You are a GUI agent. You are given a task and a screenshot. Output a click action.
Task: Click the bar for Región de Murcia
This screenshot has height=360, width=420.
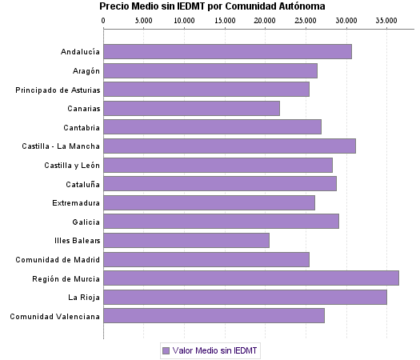[x=250, y=278]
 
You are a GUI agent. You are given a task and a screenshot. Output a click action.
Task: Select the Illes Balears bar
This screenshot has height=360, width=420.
[x=186, y=240]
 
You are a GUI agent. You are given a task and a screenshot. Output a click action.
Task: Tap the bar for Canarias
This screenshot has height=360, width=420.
[x=191, y=108]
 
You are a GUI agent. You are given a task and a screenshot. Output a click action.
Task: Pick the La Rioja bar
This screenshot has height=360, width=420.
[x=245, y=297]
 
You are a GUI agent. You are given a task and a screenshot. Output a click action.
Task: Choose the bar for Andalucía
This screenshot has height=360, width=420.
[x=227, y=52]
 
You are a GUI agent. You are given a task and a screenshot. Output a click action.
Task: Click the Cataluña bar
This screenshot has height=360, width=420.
[x=220, y=184]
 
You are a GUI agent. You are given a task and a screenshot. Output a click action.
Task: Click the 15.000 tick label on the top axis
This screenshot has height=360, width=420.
[x=225, y=19]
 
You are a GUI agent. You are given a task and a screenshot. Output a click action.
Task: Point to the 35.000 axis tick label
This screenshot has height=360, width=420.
[x=386, y=19]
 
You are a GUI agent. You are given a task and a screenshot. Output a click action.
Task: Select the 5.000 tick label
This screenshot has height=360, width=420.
[x=144, y=19]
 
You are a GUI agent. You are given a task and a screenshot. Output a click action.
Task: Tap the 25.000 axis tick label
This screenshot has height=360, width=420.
[x=306, y=19]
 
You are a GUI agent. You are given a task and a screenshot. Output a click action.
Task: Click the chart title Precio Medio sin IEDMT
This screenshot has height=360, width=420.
[x=212, y=6]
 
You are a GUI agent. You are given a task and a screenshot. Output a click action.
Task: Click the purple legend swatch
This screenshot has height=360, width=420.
[x=166, y=350]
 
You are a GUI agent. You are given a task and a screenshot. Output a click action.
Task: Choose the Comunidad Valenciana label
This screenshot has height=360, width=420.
[x=55, y=316]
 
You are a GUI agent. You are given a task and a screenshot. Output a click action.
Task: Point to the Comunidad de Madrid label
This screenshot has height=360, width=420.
[x=58, y=259]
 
